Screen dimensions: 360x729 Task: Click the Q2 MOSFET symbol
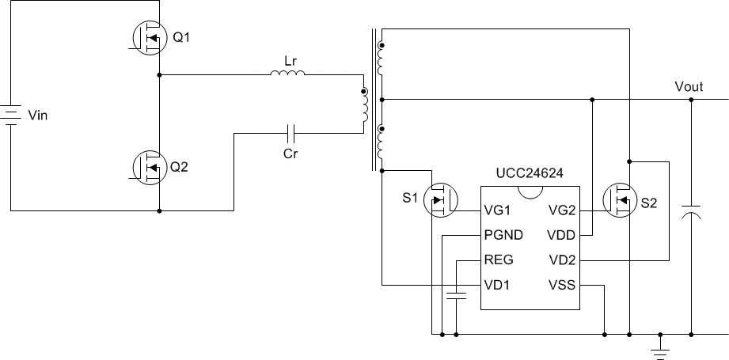tap(148, 168)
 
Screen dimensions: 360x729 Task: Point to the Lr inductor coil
tap(287, 75)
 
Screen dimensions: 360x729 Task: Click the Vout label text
tap(688, 86)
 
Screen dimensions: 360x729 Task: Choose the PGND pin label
tap(503, 236)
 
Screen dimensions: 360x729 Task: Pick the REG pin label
tap(499, 260)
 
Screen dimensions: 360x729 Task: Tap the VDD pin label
tap(560, 236)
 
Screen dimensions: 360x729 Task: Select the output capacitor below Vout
tap(691, 214)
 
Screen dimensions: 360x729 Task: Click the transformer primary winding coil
tap(365, 106)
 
